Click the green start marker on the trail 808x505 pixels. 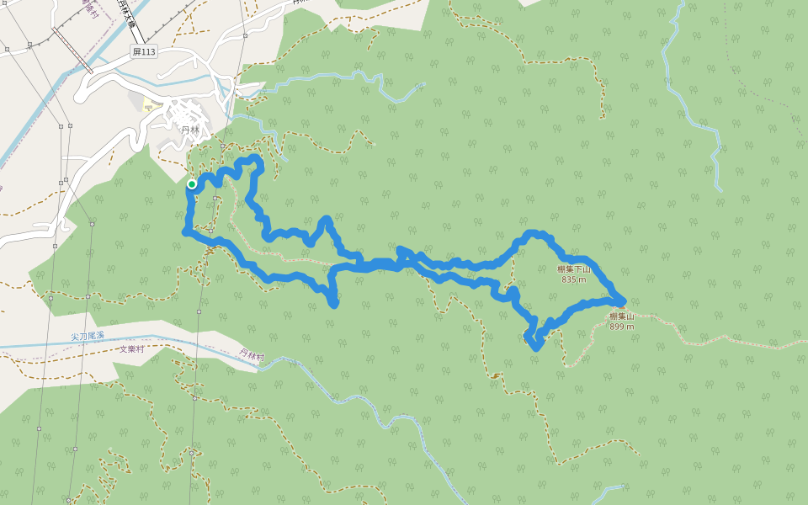[x=192, y=184]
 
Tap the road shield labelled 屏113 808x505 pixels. [x=144, y=52]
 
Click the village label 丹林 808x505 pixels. [x=190, y=130]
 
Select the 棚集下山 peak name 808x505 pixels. [x=575, y=269]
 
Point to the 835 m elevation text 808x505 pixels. [x=573, y=279]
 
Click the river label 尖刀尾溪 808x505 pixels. [x=88, y=336]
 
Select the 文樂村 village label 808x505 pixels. [x=132, y=348]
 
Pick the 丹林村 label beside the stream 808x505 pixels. [x=252, y=356]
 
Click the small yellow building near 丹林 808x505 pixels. [x=148, y=105]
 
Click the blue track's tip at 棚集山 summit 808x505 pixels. [x=621, y=301]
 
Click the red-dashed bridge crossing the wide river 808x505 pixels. [x=73, y=50]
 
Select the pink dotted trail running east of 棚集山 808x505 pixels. [x=715, y=339]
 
